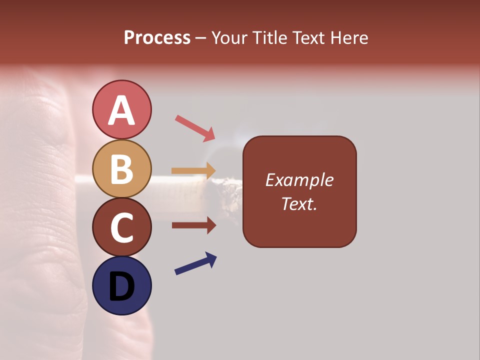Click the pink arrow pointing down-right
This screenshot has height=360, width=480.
point(195,128)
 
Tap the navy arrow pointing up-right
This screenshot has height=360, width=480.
point(195,263)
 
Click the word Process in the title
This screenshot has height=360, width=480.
point(157,37)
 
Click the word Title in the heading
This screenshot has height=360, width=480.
point(268,37)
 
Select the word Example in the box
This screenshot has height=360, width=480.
point(299,180)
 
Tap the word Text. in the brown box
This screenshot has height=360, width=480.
point(299,203)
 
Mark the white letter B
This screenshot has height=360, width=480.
point(121,169)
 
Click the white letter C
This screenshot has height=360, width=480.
point(121,227)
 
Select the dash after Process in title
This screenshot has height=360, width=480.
point(200,38)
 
